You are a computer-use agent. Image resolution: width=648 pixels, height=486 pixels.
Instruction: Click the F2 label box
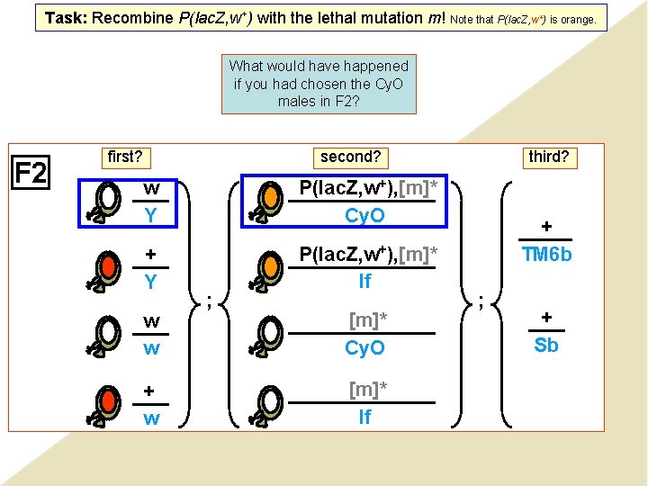point(31,172)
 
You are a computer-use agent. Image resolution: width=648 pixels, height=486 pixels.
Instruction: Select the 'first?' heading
point(125,157)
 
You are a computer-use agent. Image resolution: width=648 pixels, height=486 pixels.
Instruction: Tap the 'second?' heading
point(351,157)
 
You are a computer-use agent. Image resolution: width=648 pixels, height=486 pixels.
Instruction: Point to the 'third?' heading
point(548,157)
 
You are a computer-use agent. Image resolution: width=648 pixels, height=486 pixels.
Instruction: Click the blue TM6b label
point(545,255)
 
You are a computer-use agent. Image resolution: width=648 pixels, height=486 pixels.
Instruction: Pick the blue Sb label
point(545,346)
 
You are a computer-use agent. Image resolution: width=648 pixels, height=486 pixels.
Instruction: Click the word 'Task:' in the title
point(66,18)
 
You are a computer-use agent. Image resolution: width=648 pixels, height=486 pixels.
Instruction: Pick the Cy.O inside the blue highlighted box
point(364,216)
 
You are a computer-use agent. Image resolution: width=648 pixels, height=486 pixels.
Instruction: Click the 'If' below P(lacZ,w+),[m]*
point(364,282)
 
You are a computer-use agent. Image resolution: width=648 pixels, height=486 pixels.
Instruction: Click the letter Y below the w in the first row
point(151,216)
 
